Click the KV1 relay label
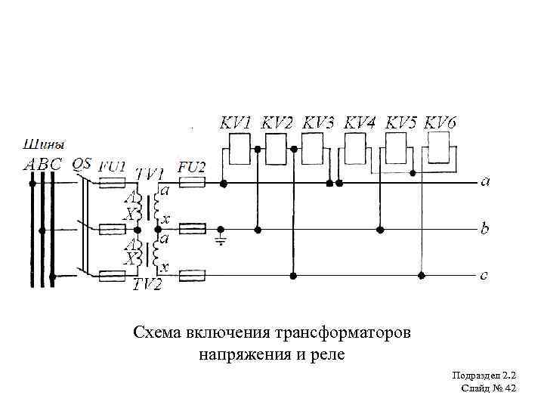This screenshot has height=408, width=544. (x=236, y=122)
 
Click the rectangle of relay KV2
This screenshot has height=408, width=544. (x=277, y=147)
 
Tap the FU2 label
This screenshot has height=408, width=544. (x=191, y=167)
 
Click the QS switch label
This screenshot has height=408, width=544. (x=81, y=163)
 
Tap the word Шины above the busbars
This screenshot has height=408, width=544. (x=45, y=143)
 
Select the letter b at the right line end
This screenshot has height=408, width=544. (x=484, y=227)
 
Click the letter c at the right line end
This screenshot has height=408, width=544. (x=484, y=275)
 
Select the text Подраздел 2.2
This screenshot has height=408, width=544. (x=484, y=376)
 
